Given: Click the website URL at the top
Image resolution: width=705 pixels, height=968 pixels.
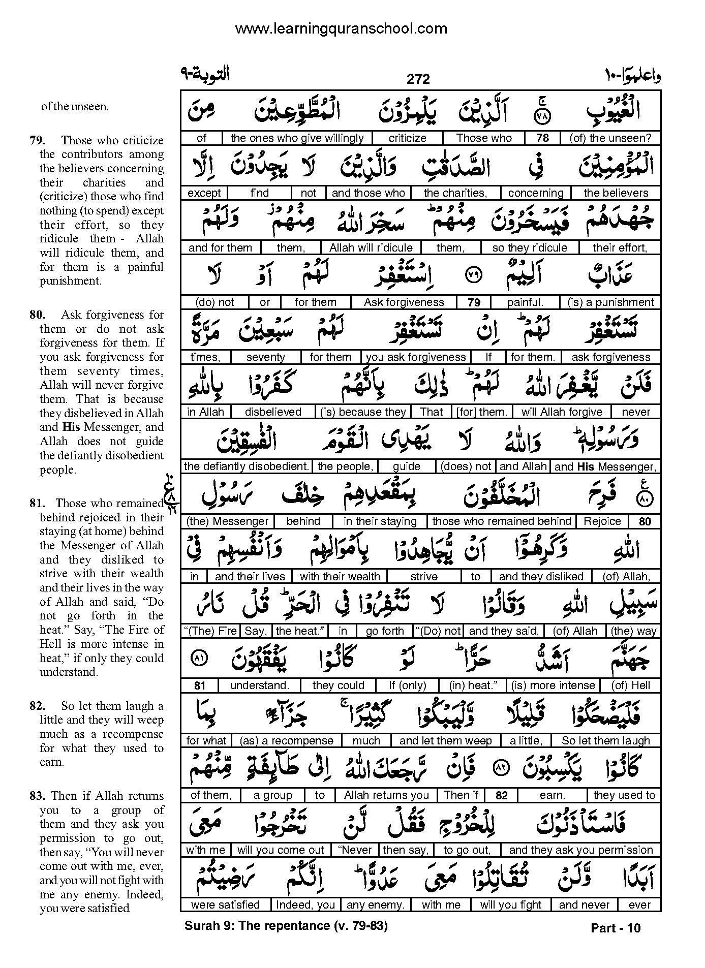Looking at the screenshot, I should coord(341,28).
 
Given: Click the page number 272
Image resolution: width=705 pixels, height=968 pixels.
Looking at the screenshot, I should coord(418,79).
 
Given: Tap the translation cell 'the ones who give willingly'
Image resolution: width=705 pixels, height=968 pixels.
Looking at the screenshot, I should coord(297,138).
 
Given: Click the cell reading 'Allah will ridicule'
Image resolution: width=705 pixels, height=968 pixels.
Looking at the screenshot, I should coord(371,248).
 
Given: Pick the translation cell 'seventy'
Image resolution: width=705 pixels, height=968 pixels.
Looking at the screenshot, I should coord(265,357).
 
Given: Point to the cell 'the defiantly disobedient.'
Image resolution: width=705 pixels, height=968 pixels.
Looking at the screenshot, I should coord(247,466).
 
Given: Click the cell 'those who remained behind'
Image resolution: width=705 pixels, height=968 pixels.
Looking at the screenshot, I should coord(501,521).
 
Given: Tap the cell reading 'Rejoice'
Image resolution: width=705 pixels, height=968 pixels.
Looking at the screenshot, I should coord(602,521).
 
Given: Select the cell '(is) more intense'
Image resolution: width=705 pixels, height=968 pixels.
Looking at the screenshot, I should coord(553,685).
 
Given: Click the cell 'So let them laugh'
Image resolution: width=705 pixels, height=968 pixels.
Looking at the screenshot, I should coord(606,741).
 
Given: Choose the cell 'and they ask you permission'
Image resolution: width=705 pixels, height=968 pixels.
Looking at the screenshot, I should coord(580,850).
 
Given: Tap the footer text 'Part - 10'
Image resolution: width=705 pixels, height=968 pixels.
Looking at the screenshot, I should coord(616,928).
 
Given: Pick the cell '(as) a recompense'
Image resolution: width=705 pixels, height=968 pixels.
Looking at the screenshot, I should coord(286,741).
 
